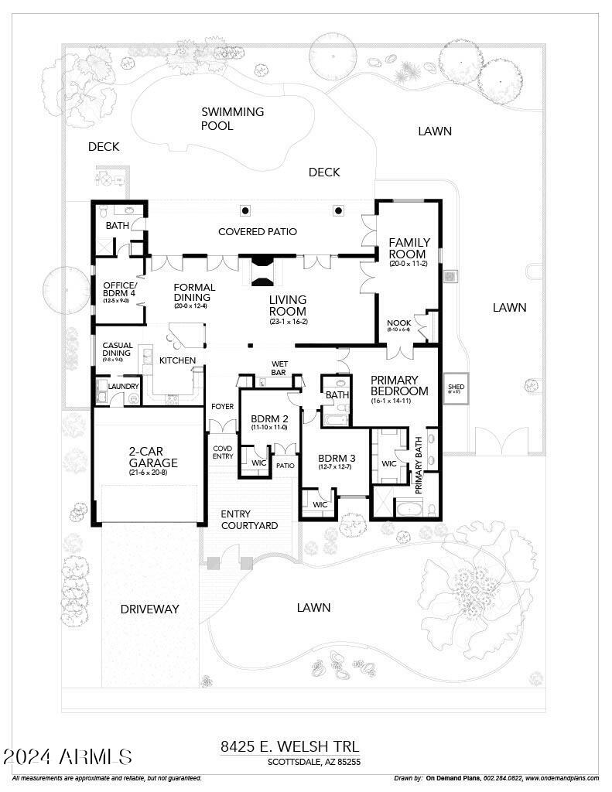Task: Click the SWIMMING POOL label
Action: (232, 118)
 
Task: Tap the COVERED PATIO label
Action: (257, 231)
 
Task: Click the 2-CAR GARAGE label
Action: (153, 457)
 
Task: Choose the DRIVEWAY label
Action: (149, 609)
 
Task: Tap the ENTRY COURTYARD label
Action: (249, 520)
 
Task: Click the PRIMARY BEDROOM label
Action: (399, 385)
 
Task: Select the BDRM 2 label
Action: (268, 420)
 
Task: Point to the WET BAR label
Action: (279, 368)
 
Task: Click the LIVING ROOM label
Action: (288, 305)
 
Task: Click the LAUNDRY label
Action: (123, 386)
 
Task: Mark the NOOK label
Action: (399, 323)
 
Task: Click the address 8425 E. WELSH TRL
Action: (289, 746)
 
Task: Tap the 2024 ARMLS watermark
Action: (68, 756)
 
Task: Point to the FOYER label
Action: (222, 407)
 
